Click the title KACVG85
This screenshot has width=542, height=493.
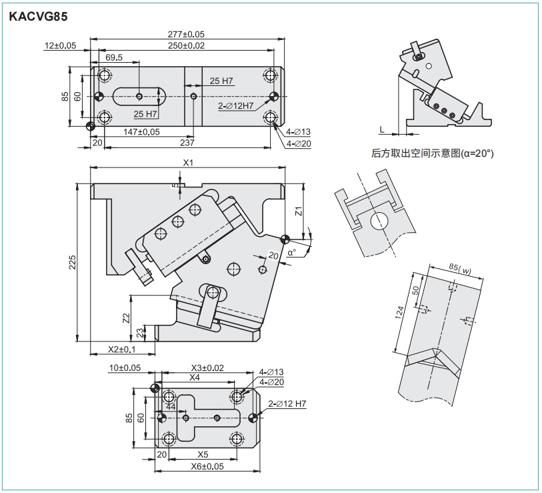pyautogui.click(x=38, y=17)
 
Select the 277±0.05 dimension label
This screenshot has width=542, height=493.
pyautogui.click(x=186, y=33)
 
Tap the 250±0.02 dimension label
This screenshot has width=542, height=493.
pyautogui.click(x=186, y=45)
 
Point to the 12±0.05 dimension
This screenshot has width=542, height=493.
pyautogui.click(x=61, y=45)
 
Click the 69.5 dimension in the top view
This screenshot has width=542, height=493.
pyautogui.click(x=114, y=58)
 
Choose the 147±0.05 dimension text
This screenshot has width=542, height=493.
pyautogui.click(x=141, y=131)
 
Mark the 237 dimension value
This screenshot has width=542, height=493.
pyautogui.click(x=187, y=143)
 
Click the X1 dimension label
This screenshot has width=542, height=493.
pyautogui.click(x=188, y=162)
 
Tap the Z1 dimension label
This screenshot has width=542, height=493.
pyautogui.click(x=299, y=211)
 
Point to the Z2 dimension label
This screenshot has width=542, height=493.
pyautogui.click(x=127, y=318)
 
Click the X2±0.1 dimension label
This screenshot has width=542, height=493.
pyautogui.click(x=122, y=349)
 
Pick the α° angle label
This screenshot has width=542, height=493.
pyautogui.click(x=292, y=253)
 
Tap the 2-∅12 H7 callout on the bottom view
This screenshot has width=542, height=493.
pyautogui.click(x=287, y=404)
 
